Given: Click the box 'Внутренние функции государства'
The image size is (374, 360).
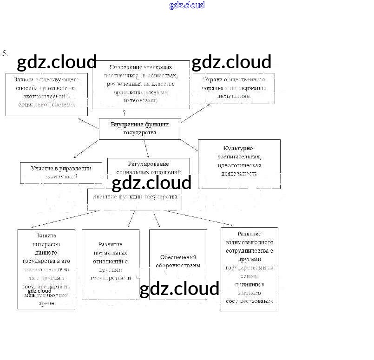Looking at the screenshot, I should tap(140, 129).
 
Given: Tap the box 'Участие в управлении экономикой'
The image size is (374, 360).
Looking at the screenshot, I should tap(61, 173).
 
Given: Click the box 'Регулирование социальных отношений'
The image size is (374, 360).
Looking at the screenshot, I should tap(148, 168).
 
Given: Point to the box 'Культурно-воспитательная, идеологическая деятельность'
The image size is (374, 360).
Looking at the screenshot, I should tap(239, 164).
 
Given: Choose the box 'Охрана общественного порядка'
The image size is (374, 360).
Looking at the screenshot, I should tap(234, 88).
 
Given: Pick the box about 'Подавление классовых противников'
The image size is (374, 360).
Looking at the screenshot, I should tap(141, 84).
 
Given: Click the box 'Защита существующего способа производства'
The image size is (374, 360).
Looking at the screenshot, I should tap(46, 94).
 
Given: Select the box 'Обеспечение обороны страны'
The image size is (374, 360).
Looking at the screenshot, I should tap(178, 264).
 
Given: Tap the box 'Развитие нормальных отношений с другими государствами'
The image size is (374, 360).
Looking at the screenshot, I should tap(111, 264).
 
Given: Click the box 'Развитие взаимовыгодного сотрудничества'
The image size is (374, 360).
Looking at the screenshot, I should tap(249, 269).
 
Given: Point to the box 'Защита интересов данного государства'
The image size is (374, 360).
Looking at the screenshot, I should tap(46, 269).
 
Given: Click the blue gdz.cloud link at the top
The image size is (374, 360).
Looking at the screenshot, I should tap(187, 6).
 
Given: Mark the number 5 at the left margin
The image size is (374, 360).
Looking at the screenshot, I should tap(5, 53).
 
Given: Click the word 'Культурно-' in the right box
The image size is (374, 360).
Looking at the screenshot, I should tap(239, 148).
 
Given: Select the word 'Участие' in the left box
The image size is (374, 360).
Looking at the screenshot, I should tap(41, 168).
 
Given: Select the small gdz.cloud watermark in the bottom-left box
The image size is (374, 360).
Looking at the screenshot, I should tap(39, 291).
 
